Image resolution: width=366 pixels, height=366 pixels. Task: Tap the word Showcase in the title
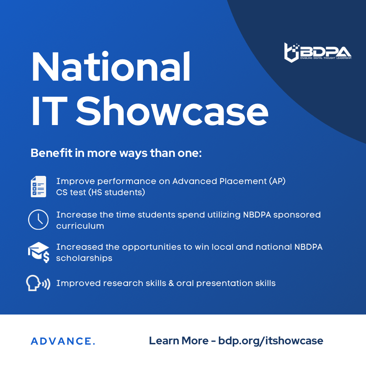click(x=172, y=111)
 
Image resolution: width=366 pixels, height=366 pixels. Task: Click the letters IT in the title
click(x=49, y=111)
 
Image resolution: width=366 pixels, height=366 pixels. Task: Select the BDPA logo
click(x=318, y=53)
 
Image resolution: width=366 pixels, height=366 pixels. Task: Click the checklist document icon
click(x=39, y=186)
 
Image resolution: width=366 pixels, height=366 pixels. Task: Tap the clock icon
click(x=38, y=220)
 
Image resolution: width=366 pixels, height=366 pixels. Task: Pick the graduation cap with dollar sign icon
click(x=39, y=252)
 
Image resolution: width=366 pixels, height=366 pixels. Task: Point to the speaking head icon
click(x=38, y=283)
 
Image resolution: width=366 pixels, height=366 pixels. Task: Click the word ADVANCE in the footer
click(x=63, y=341)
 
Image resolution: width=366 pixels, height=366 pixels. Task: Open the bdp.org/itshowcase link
click(x=271, y=341)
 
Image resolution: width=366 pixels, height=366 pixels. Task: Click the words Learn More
click(x=179, y=341)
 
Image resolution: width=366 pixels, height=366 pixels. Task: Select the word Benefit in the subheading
click(x=52, y=153)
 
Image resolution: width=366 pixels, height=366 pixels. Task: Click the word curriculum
click(x=80, y=226)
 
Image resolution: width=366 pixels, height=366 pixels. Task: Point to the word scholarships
click(x=84, y=258)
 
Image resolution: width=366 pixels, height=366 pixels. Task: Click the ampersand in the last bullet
click(x=171, y=283)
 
